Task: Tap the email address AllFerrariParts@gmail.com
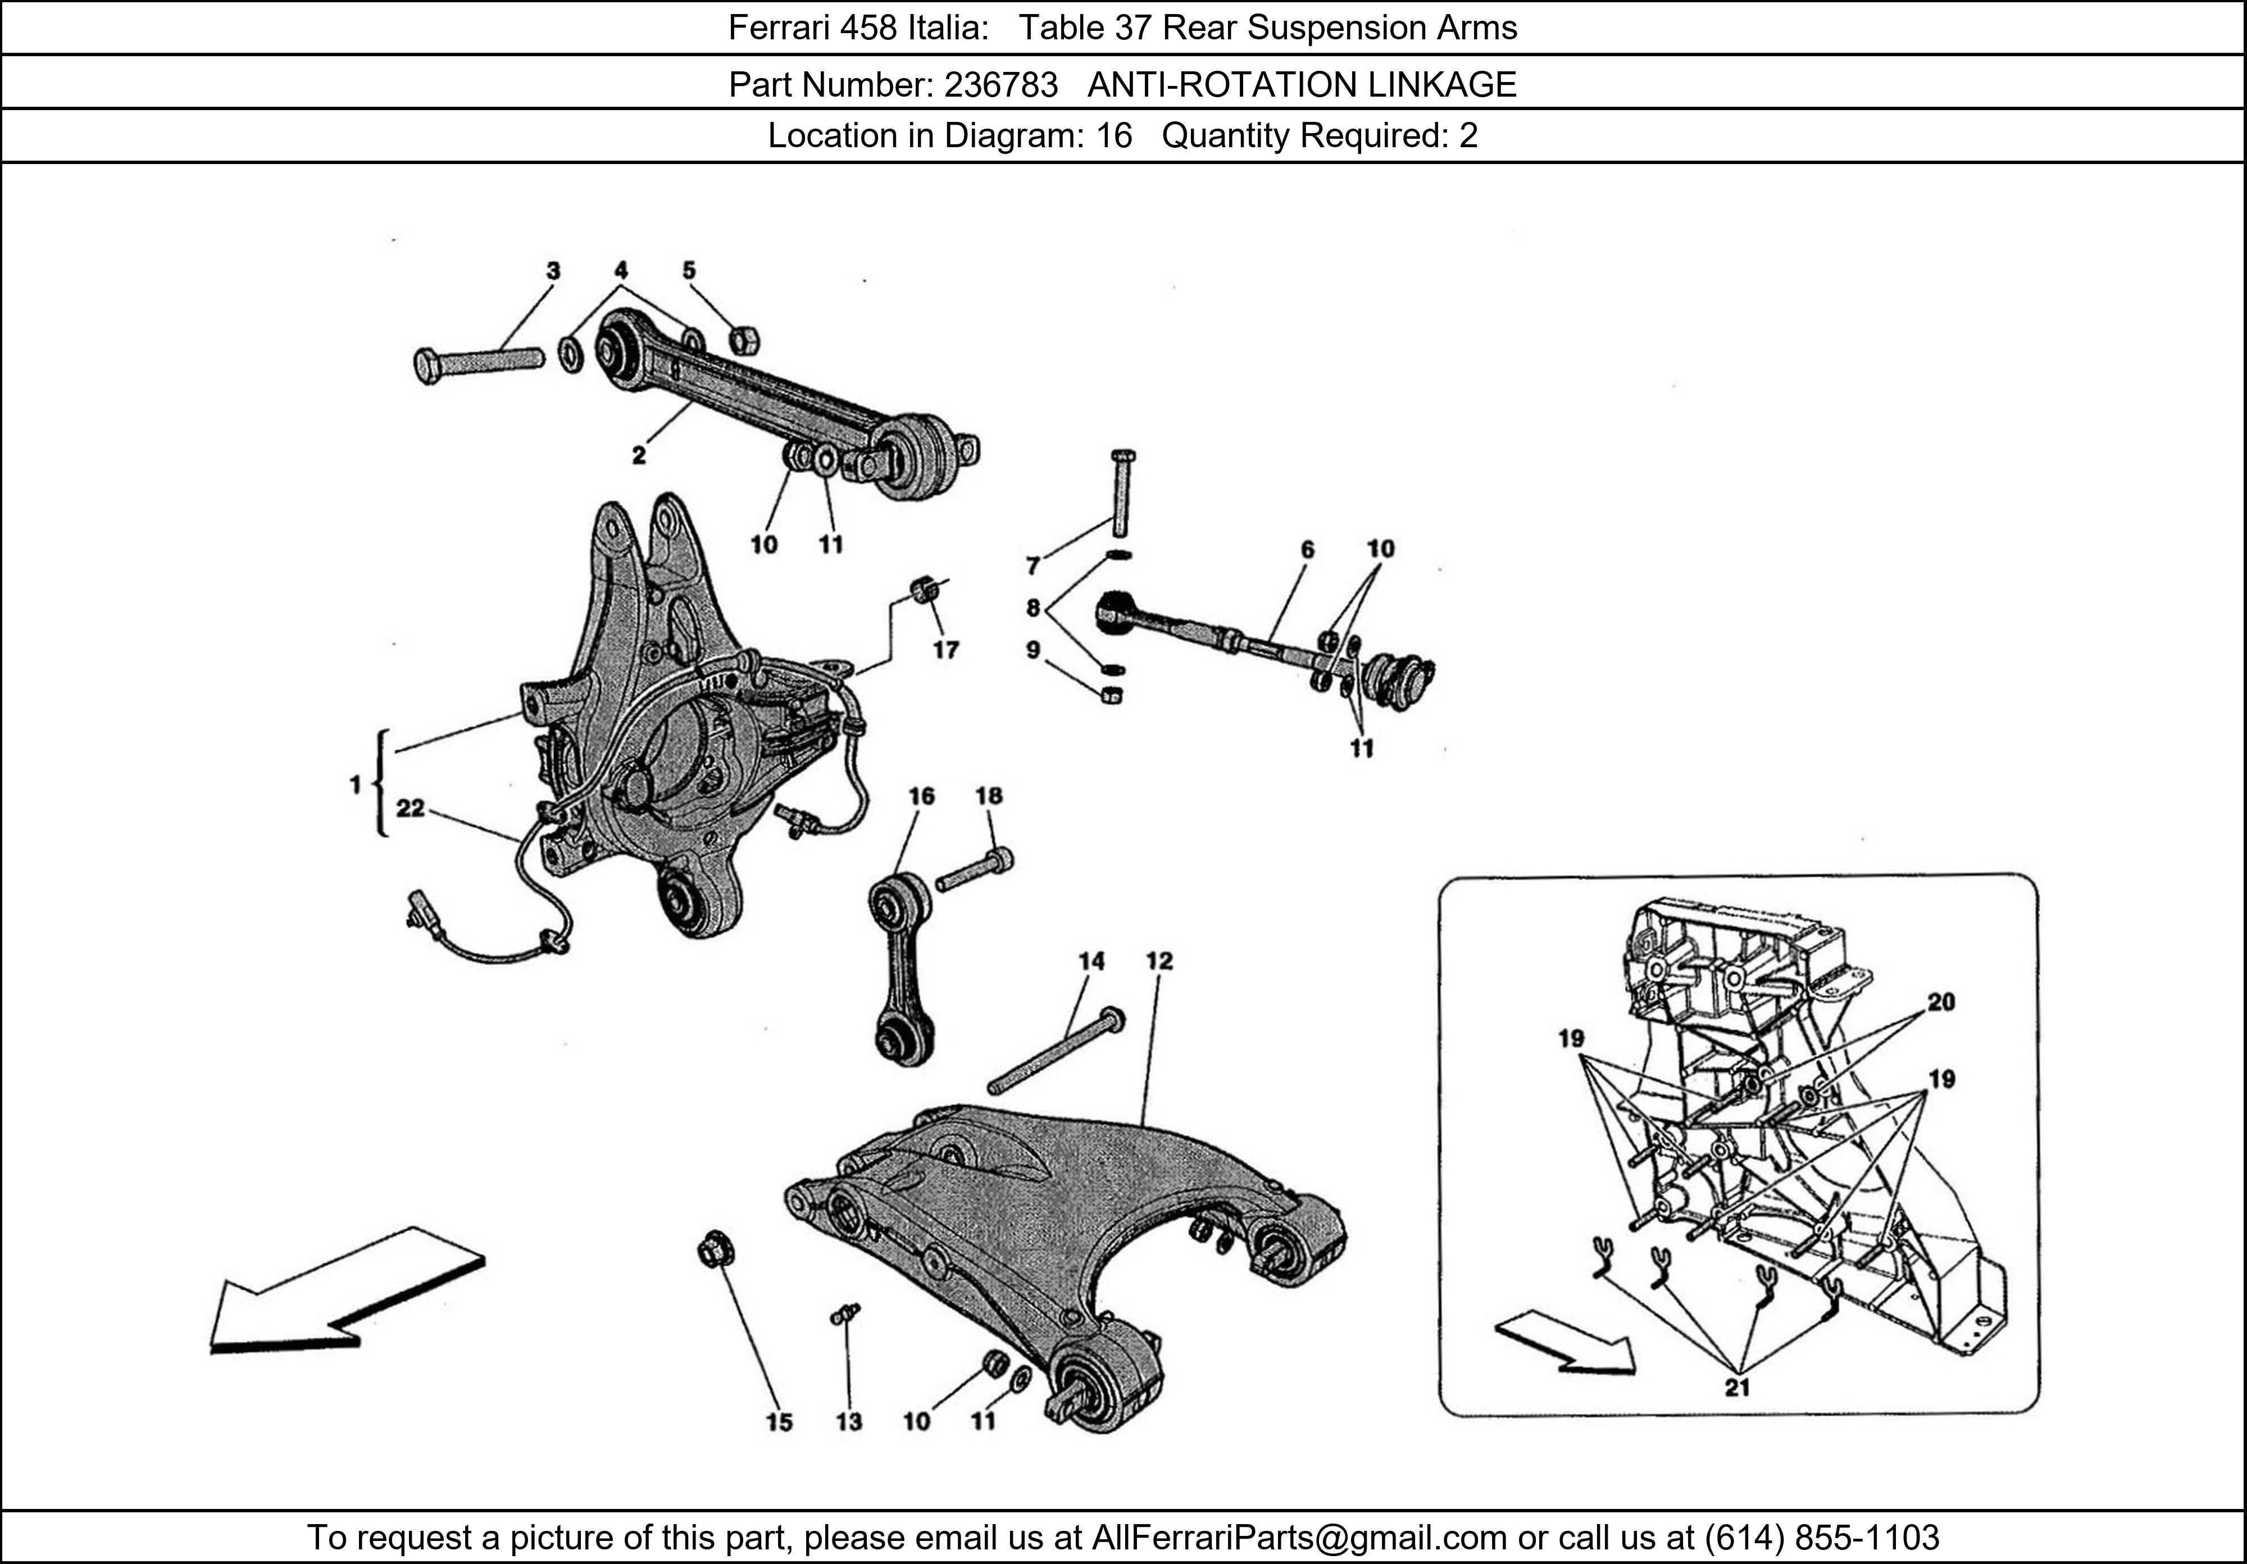tap(1299, 1538)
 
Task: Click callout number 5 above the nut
tap(689, 270)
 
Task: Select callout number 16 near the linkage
tap(921, 795)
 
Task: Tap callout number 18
tap(989, 795)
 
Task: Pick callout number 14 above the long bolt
tap(1091, 961)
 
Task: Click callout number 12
tap(1159, 961)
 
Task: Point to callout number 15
tap(779, 1421)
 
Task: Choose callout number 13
tap(848, 1421)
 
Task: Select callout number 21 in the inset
tap(1736, 1387)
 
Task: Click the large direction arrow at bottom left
tap(347, 1292)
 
